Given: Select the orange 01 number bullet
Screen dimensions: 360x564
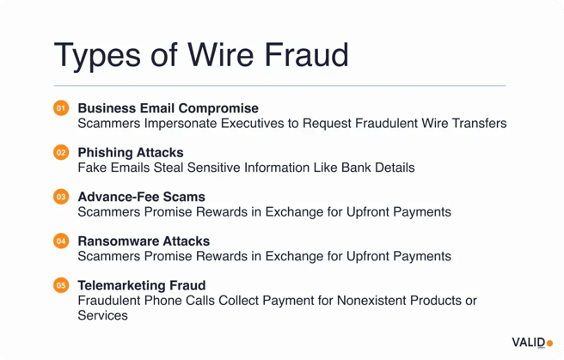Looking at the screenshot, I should pyautogui.click(x=60, y=108).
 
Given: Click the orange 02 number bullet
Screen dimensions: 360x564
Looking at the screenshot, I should pyautogui.click(x=60, y=153).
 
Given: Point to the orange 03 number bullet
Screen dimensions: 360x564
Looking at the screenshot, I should pyautogui.click(x=60, y=197).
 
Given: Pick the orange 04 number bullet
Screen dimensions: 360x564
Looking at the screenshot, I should pyautogui.click(x=60, y=241).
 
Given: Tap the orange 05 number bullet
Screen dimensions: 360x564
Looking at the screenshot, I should pyautogui.click(x=60, y=285).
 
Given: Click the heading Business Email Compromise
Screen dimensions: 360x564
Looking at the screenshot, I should pyautogui.click(x=168, y=108).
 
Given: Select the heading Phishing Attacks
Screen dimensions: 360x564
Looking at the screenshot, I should pyautogui.click(x=131, y=153).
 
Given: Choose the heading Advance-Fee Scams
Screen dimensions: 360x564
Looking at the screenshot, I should pyautogui.click(x=141, y=197).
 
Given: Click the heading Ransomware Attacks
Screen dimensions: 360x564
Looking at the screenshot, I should pyautogui.click(x=144, y=241).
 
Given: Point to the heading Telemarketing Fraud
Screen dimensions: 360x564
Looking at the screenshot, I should pyautogui.click(x=141, y=285).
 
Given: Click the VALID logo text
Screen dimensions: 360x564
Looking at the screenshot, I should pyautogui.click(x=527, y=342).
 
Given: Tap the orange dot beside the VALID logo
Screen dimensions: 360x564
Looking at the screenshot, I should pyautogui.click(x=549, y=344).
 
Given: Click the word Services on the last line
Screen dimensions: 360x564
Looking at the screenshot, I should pyautogui.click(x=102, y=315).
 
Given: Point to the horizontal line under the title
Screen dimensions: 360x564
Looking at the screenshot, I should pyautogui.click(x=279, y=86).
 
